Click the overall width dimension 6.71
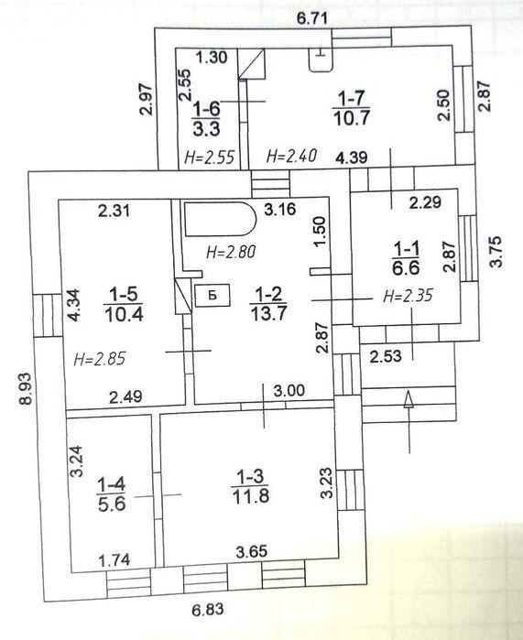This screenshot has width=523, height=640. (312, 19)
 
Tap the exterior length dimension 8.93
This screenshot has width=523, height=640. (27, 388)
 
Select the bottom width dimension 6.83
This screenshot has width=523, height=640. (208, 610)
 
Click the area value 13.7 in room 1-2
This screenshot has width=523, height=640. (268, 313)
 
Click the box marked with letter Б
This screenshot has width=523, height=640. (212, 295)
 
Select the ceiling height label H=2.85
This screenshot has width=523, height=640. (100, 359)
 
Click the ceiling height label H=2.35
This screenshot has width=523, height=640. (408, 295)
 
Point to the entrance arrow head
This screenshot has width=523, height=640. (409, 399)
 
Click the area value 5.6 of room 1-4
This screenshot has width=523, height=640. (112, 504)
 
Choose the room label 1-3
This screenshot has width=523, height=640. (250, 476)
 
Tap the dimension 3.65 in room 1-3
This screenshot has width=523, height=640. (252, 551)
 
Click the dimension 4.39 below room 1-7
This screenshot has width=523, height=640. (352, 157)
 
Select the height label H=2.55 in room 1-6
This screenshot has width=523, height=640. (210, 157)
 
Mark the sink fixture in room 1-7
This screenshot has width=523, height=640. (321, 60)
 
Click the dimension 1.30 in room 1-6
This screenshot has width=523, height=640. (211, 57)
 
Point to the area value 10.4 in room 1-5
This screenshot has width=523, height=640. (125, 314)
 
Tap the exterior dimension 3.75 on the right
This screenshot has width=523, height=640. (496, 252)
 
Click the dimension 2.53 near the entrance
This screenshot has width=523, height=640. (386, 356)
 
